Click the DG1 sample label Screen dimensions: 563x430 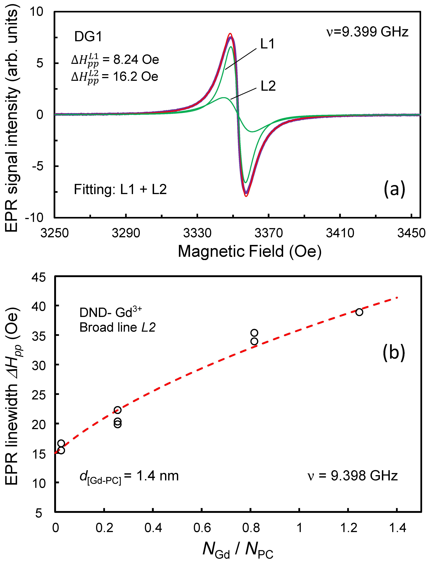coord(88,37)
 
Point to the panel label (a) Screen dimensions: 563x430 coord(394,189)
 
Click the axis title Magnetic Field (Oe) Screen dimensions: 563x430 coord(250,251)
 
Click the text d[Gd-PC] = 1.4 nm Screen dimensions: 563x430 coord(129,476)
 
